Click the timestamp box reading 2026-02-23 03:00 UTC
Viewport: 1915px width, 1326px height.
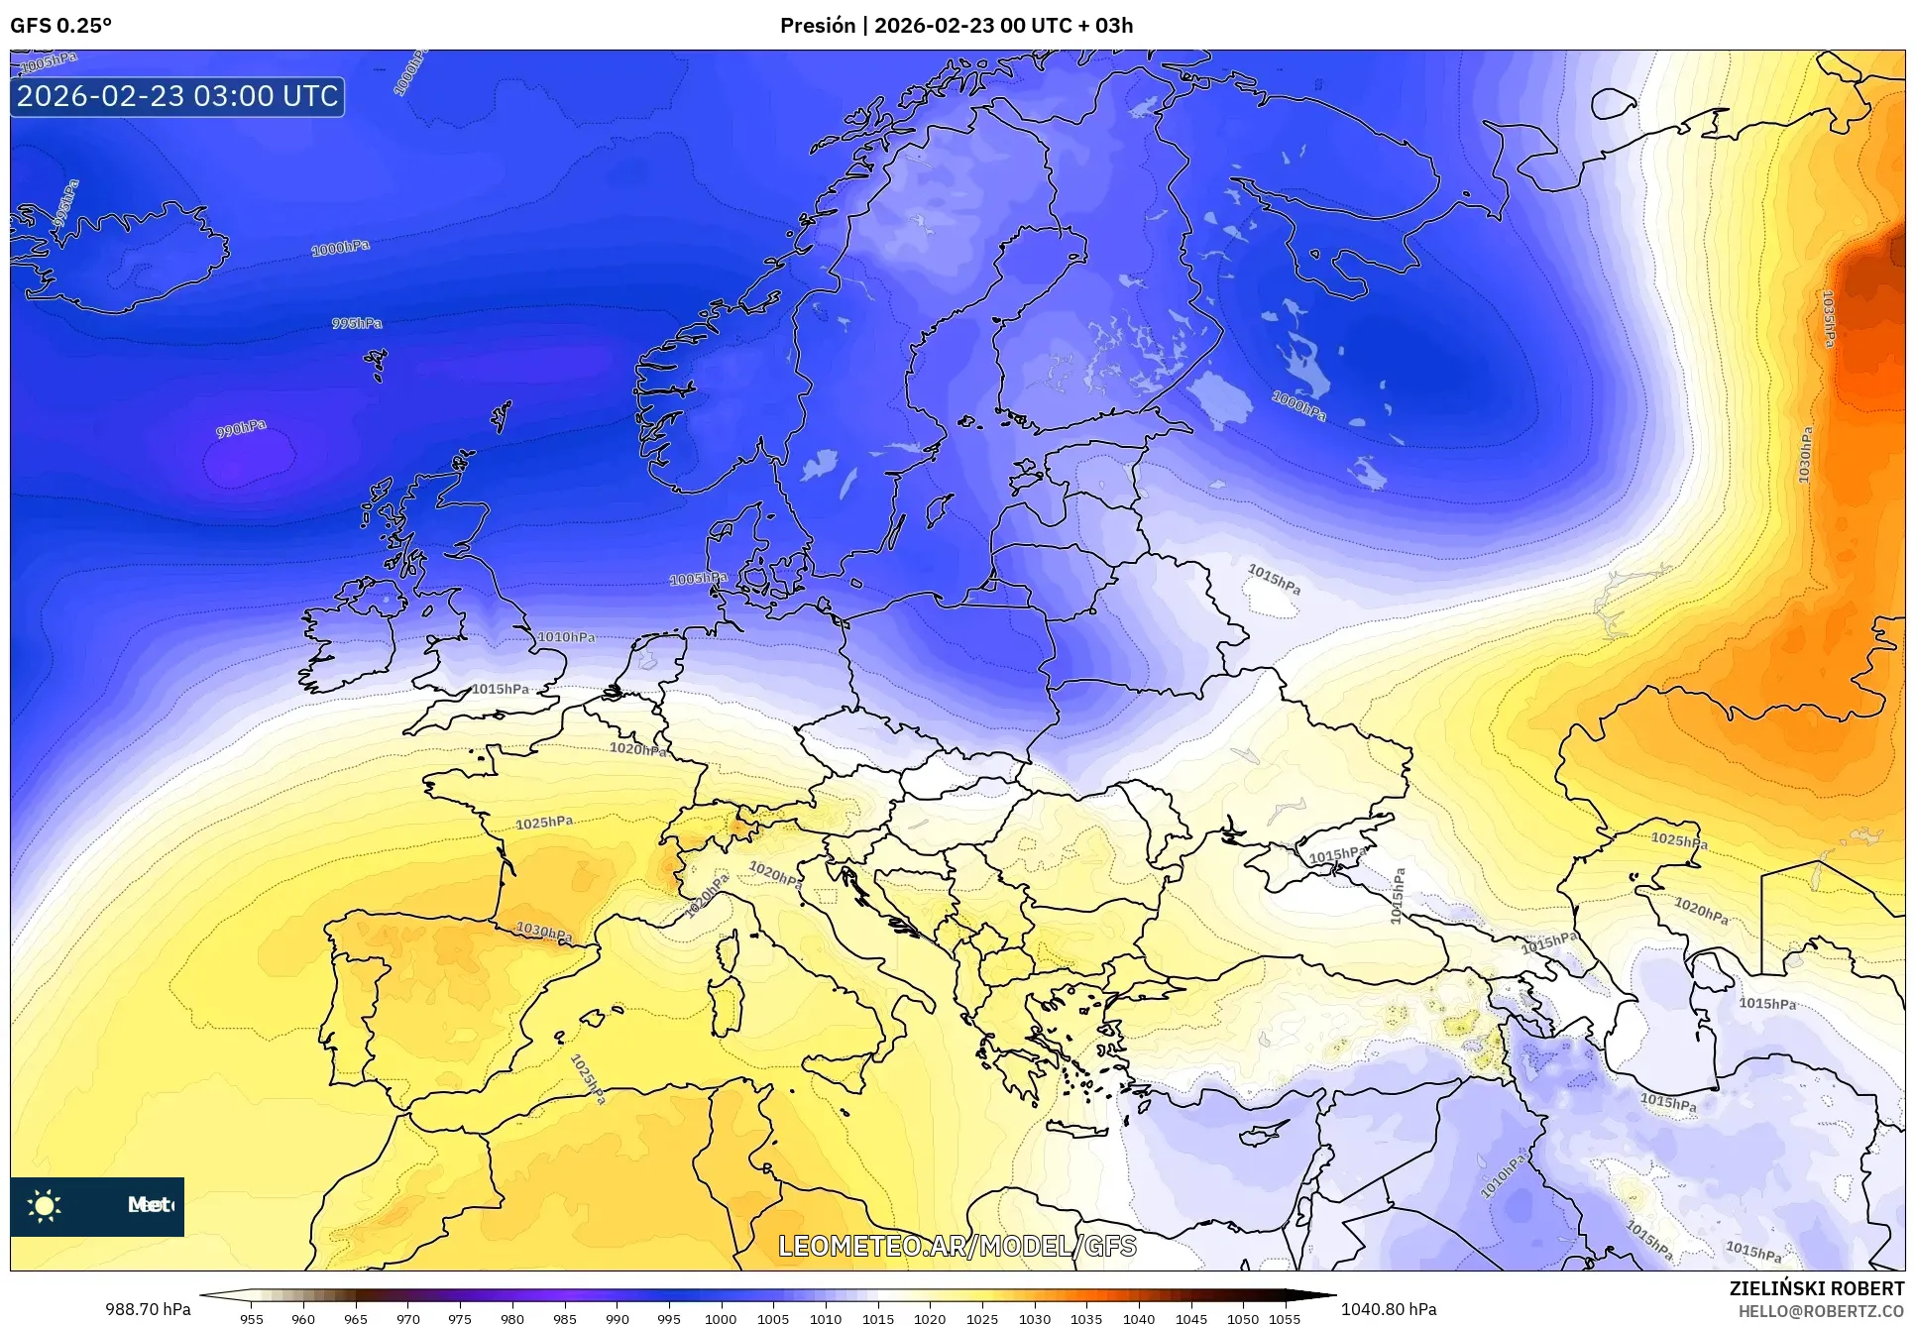click(x=177, y=96)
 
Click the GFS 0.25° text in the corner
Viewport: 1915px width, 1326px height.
click(x=60, y=26)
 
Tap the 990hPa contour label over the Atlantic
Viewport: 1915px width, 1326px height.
click(x=241, y=429)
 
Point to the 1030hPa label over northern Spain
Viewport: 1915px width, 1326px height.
click(x=544, y=933)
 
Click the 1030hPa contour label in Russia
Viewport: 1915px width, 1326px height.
click(x=1806, y=455)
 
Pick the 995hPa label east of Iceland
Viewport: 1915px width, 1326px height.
click(x=357, y=324)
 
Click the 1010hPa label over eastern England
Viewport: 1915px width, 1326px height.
click(x=566, y=637)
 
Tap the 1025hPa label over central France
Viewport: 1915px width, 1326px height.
click(x=544, y=823)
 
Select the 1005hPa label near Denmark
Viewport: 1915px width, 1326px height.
click(x=698, y=579)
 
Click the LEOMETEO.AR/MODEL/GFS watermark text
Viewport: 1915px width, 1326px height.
click(x=957, y=1246)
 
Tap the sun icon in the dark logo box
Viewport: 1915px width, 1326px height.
click(x=45, y=1206)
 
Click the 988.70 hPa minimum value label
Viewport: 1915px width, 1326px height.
click(x=149, y=1309)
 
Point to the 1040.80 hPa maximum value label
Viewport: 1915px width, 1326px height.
click(x=1389, y=1309)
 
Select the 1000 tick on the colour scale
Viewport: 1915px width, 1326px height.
click(x=721, y=1319)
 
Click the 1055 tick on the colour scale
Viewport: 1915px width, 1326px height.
click(x=1285, y=1319)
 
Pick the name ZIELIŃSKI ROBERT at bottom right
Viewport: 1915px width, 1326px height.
click(x=1816, y=1288)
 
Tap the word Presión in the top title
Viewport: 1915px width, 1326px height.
click(x=818, y=26)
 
